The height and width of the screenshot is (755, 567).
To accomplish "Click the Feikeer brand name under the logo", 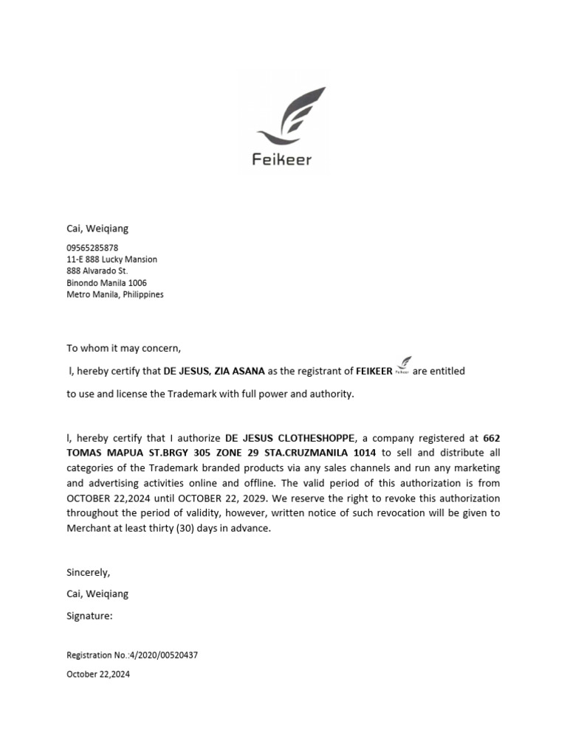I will pyautogui.click(x=282, y=159).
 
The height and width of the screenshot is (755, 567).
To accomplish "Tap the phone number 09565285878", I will pyautogui.click(x=92, y=248).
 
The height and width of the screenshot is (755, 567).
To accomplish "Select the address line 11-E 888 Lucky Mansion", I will pyautogui.click(x=111, y=260).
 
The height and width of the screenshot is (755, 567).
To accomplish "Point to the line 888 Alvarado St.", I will pyautogui.click(x=97, y=271).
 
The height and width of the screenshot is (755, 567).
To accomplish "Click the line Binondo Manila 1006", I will pyautogui.click(x=106, y=282).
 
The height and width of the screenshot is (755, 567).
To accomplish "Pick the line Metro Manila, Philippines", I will pyautogui.click(x=115, y=294).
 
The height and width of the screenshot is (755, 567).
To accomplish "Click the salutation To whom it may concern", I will pyautogui.click(x=123, y=348).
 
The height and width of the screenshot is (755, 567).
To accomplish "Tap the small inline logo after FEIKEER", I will pyautogui.click(x=403, y=366).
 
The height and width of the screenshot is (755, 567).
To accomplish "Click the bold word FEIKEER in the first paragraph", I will pyautogui.click(x=374, y=371).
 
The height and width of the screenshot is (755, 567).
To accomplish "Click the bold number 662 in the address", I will pyautogui.click(x=492, y=438).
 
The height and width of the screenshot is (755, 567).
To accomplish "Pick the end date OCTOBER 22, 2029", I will pyautogui.click(x=217, y=498).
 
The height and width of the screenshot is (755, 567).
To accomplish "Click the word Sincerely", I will pyautogui.click(x=88, y=572).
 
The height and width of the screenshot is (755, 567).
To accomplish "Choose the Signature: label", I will pyautogui.click(x=89, y=616).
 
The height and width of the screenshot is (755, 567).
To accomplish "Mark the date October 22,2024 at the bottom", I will pyautogui.click(x=98, y=674).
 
